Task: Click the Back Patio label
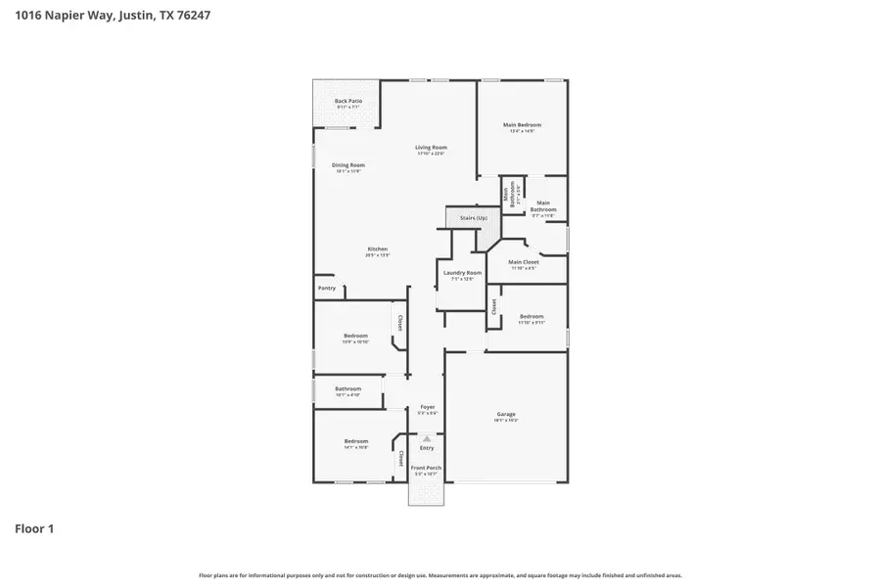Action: [348, 101]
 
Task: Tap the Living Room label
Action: [431, 148]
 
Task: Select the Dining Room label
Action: [348, 165]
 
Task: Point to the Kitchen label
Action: [377, 249]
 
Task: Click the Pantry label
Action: [326, 289]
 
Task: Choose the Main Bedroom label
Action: [522, 125]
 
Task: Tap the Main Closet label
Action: [524, 262]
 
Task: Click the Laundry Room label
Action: [461, 273]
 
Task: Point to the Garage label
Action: [505, 415]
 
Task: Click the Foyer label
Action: [427, 407]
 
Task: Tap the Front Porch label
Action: [426, 469]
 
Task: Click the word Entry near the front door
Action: [427, 448]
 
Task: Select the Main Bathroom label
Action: [543, 206]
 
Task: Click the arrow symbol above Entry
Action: [427, 438]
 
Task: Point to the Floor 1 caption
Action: [34, 529]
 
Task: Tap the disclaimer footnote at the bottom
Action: [440, 576]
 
